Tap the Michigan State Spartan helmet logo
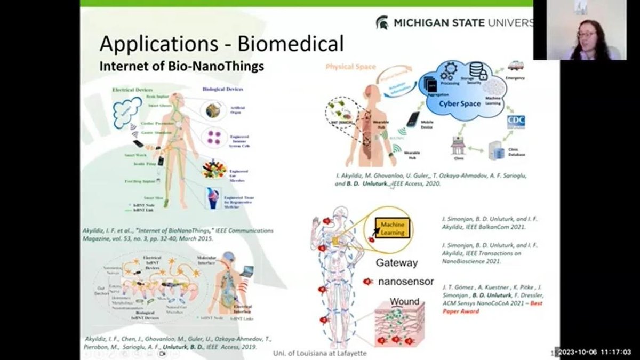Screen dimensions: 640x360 click(382, 23)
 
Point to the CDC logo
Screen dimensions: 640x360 click(515, 122)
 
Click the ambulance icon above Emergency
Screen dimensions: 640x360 click(515, 65)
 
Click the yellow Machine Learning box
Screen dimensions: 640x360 click(392, 228)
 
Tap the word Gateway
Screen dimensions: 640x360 click(397, 262)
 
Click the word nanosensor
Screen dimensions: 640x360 click(405, 281)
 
